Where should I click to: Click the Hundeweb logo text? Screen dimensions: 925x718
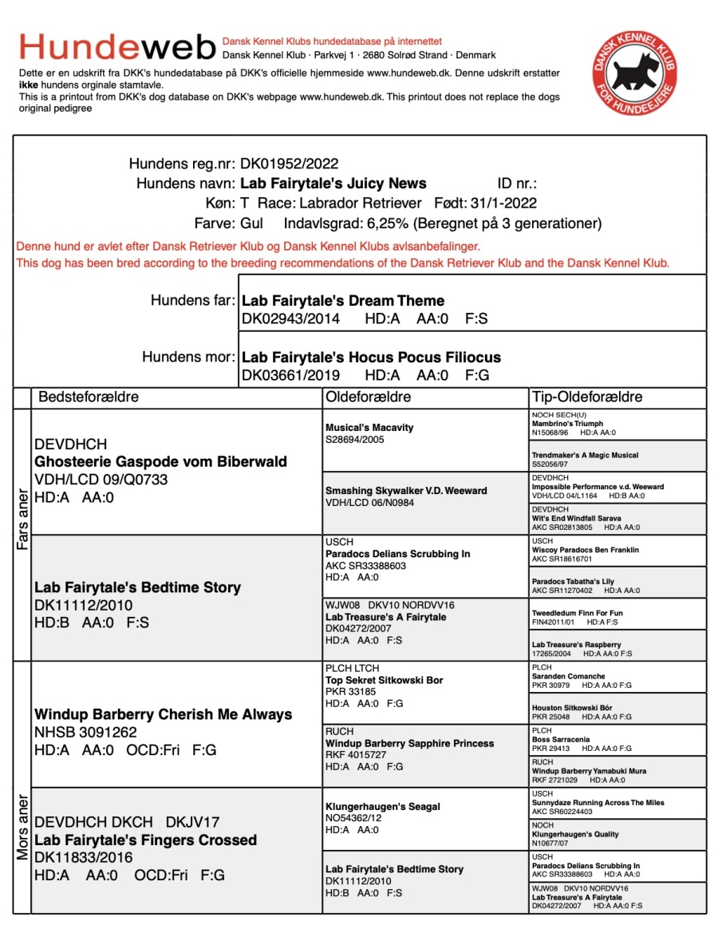117,47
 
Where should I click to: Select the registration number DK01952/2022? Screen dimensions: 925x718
290,164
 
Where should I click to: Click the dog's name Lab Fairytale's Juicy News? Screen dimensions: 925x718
333,184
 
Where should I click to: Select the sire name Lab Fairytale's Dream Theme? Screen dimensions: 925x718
343,301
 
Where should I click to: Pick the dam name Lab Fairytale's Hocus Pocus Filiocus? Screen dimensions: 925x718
371,358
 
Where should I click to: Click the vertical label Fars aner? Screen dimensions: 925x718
22,518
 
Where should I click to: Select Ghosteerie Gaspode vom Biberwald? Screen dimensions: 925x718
160,462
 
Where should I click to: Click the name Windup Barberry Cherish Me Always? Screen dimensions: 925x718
164,714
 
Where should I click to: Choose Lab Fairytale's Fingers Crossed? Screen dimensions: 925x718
145,840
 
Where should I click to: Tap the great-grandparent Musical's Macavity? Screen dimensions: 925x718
369,428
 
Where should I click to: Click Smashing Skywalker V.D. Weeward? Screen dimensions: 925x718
406,491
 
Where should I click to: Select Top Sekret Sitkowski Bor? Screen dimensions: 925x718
384,681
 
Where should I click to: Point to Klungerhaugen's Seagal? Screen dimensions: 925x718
382,807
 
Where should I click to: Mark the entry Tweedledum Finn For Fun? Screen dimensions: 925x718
578,614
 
